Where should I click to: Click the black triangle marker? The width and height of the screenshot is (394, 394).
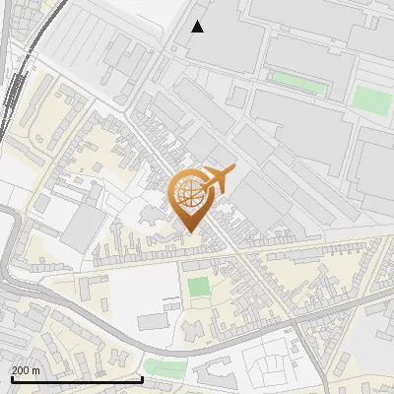tap(198, 27)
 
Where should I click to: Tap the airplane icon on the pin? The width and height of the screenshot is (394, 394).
tap(219, 179)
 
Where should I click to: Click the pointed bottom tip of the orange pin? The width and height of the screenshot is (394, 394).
tap(191, 232)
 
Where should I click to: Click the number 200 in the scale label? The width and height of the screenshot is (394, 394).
tap(21, 370)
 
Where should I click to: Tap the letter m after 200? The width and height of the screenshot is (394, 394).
tap(35, 370)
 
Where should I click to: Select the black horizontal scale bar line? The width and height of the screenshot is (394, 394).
tap(77, 379)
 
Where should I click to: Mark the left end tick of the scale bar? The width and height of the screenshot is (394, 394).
tap(11, 377)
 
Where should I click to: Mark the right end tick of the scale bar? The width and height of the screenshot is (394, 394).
tap(143, 377)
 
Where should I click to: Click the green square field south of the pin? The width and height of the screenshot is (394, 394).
tap(199, 287)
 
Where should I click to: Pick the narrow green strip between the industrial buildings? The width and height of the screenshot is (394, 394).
tap(297, 82)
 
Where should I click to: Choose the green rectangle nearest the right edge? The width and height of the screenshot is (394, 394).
tap(370, 98)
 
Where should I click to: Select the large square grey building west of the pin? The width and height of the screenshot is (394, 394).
tap(85, 224)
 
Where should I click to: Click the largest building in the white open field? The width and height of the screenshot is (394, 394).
tap(155, 321)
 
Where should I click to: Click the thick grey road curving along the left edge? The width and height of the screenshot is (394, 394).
tap(7, 246)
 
